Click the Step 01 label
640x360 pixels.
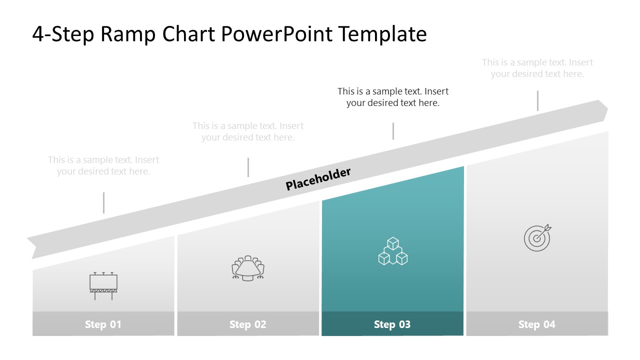click(x=103, y=324)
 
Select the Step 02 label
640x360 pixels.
click(x=247, y=324)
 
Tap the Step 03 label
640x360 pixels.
click(x=392, y=324)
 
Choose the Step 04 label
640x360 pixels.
click(x=536, y=324)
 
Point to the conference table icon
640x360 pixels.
click(x=248, y=268)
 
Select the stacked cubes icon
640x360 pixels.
click(x=392, y=251)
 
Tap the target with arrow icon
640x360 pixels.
click(x=537, y=237)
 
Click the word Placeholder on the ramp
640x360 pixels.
click(x=318, y=179)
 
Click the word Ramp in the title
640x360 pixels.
click(x=129, y=34)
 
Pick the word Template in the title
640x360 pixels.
click(x=382, y=34)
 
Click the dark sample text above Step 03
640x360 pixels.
click(x=393, y=97)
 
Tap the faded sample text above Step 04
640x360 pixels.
click(x=537, y=68)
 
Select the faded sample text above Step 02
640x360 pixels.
click(x=248, y=131)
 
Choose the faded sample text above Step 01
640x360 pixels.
click(x=103, y=165)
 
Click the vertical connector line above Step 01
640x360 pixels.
click(x=103, y=202)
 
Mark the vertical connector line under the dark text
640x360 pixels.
click(x=393, y=131)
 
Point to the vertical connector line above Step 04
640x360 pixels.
click(x=537, y=100)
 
